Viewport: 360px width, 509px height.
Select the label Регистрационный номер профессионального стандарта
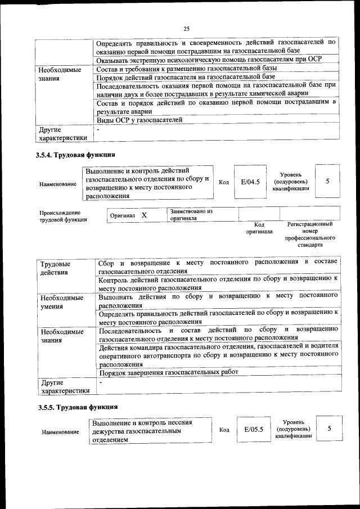click(x=310, y=235)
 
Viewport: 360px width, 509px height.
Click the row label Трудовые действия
click(x=55, y=268)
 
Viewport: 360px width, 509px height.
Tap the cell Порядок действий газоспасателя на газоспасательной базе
click(x=186, y=76)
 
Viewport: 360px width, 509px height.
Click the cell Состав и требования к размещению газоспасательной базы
click(x=189, y=69)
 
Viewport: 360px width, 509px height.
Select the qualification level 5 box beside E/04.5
click(x=327, y=181)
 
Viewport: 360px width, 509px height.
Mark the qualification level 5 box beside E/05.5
click(x=328, y=429)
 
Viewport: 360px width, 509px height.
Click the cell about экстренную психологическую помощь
click(x=217, y=60)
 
